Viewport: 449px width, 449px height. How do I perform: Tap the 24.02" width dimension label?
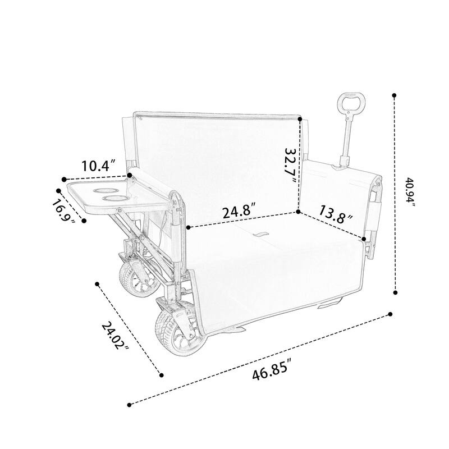coord(115,335)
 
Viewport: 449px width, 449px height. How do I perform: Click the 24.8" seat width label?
coord(240,213)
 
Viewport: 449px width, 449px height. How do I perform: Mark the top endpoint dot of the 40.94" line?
coord(395,95)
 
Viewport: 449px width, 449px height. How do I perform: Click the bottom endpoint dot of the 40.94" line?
coord(396,291)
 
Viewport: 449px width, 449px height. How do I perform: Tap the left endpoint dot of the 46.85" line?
coord(130,404)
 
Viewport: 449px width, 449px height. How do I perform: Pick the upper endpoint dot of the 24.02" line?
coord(98,284)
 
